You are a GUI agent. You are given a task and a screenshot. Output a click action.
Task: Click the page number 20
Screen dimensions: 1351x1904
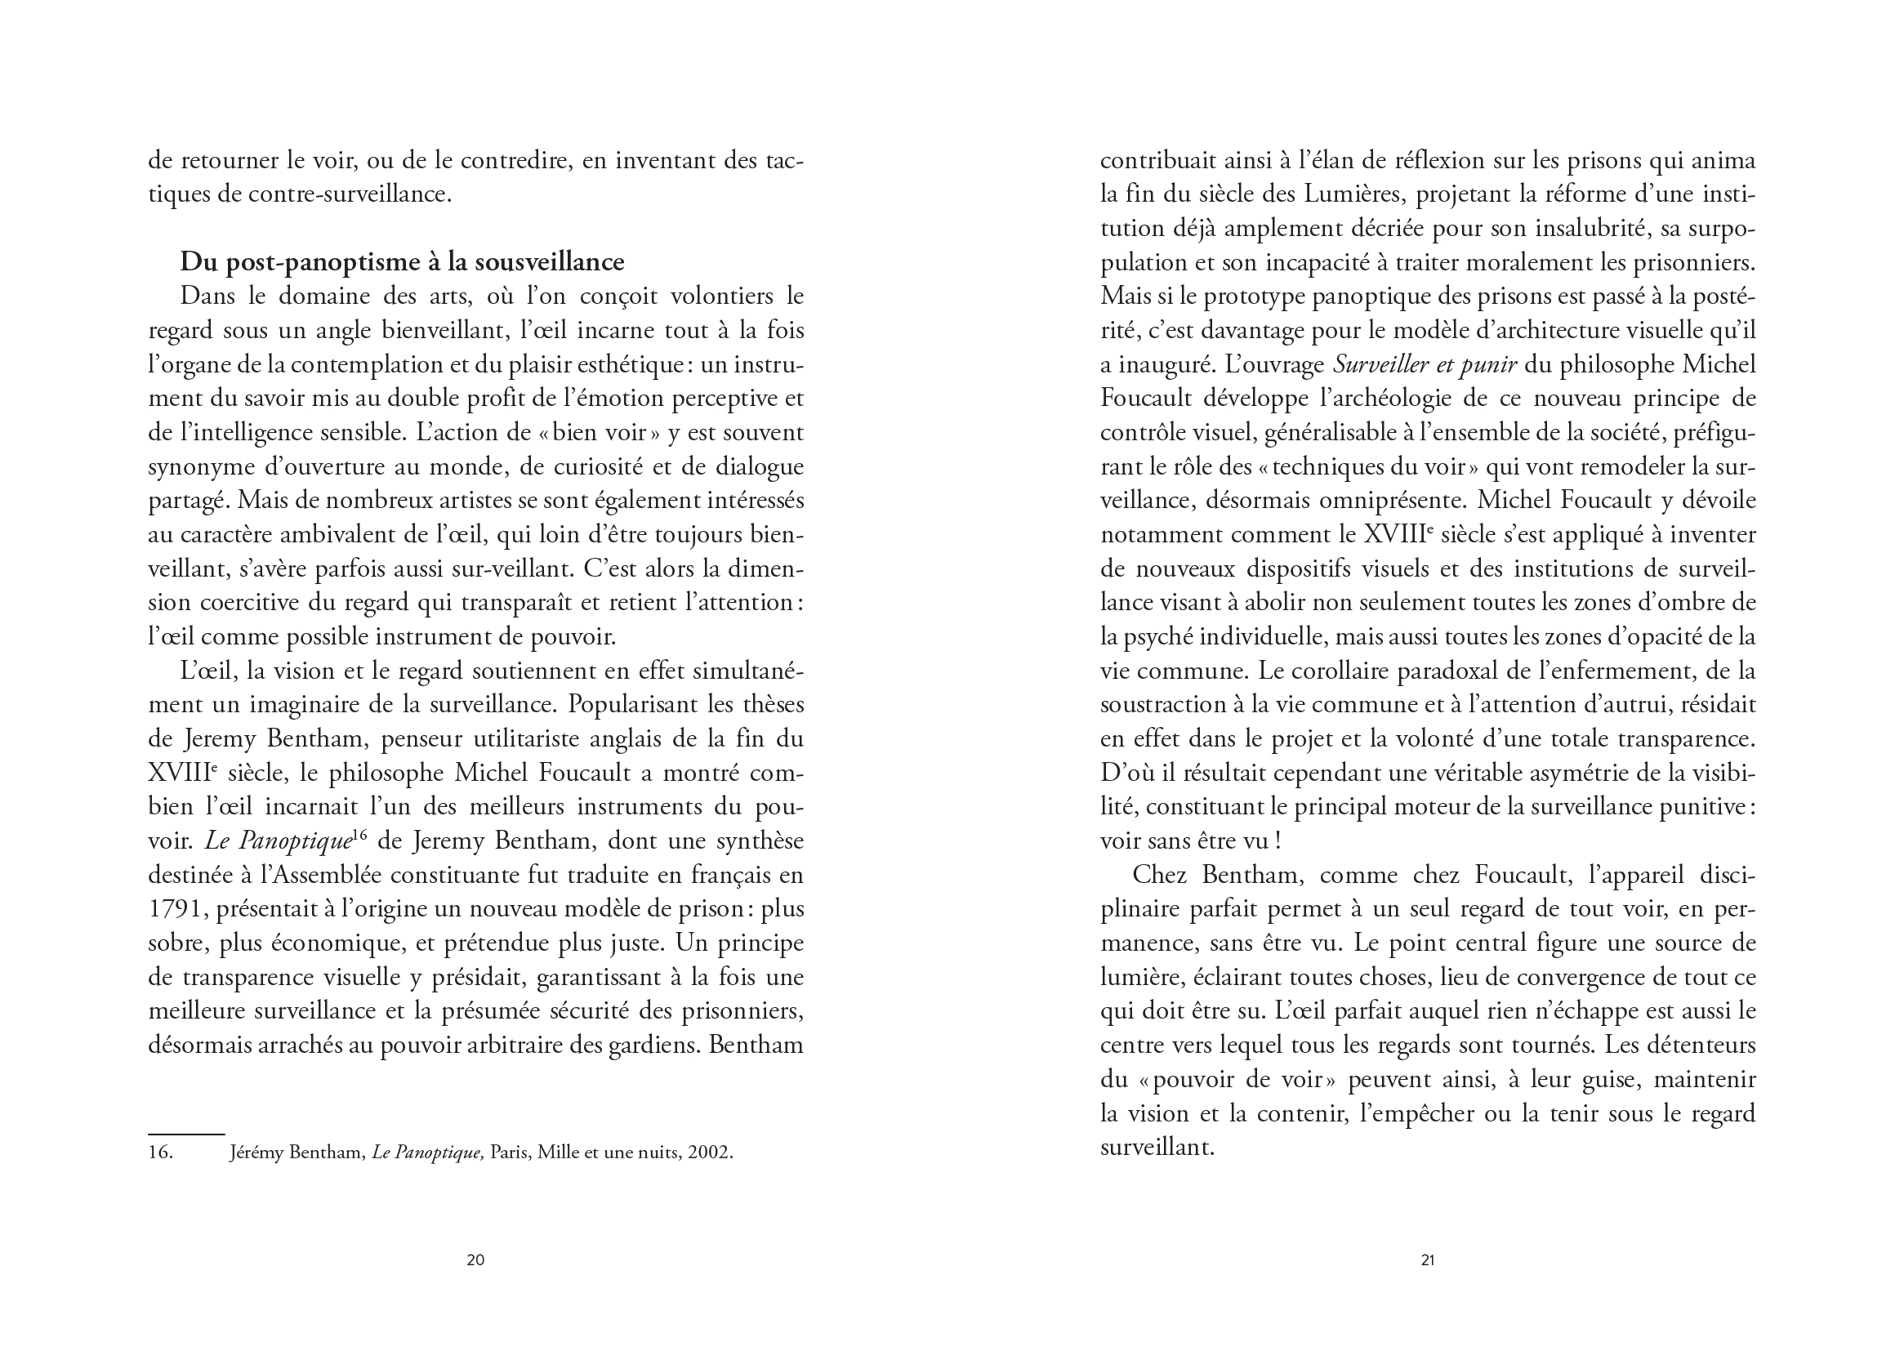click(475, 1260)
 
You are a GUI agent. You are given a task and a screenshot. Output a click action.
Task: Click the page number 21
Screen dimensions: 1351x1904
click(1427, 1260)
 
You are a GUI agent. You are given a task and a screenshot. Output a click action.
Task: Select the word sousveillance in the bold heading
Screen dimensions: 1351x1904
click(549, 262)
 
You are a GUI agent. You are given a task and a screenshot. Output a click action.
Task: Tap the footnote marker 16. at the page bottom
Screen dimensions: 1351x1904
click(161, 1153)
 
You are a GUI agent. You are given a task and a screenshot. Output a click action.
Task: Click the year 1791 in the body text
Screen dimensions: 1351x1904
click(177, 909)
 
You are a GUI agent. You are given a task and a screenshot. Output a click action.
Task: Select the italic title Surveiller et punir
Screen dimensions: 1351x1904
click(1425, 364)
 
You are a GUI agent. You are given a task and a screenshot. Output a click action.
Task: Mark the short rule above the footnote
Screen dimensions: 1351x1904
click(186, 1134)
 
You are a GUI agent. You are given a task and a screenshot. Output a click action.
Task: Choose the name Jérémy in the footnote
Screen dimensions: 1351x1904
click(256, 1153)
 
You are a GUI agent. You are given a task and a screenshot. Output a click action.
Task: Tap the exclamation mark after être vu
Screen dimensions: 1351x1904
click(1277, 841)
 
